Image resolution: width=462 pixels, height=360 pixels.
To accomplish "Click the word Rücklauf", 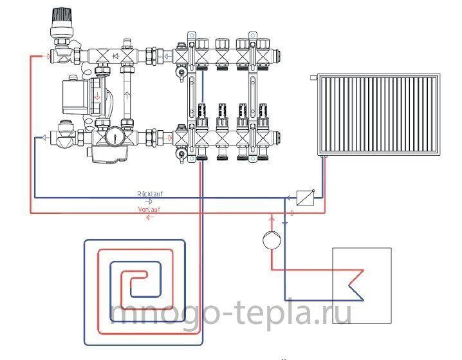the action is click(150, 194).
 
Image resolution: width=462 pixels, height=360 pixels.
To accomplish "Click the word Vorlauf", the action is click(149, 209).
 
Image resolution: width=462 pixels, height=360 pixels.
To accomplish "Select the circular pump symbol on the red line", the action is click(272, 239).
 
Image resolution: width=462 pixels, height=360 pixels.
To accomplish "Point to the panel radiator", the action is click(379, 115).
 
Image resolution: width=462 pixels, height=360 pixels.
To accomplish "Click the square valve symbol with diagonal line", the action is click(304, 198).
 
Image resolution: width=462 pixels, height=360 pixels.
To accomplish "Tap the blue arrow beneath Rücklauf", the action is click(149, 202).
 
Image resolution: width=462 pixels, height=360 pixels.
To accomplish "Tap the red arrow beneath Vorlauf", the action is click(151, 217).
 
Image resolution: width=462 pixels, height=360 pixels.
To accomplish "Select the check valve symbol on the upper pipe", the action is click(116, 56).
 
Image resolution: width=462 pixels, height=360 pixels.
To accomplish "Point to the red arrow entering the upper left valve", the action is click(46, 56).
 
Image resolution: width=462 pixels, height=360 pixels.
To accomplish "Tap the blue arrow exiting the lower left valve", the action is click(45, 137).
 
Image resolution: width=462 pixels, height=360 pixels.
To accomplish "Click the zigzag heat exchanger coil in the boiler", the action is click(356, 285).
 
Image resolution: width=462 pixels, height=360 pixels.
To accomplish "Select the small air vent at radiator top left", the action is click(313, 77).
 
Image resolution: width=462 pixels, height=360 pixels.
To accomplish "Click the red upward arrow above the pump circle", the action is click(272, 218).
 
